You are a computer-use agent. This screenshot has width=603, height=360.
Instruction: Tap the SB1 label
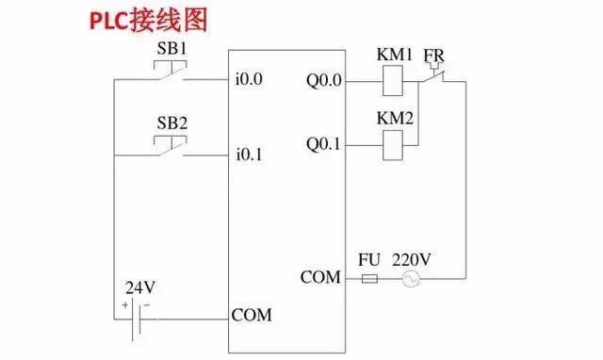click(x=170, y=48)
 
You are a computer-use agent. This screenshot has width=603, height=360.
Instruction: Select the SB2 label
click(x=170, y=123)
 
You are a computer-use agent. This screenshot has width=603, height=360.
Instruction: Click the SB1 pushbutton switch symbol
click(x=170, y=73)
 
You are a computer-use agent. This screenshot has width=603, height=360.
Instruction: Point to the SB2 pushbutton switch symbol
click(x=170, y=148)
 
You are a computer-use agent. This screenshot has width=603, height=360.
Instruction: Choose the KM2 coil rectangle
click(x=394, y=144)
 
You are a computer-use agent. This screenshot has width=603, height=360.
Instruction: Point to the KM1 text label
click(x=395, y=56)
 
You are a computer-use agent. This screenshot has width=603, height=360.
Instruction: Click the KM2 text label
click(x=395, y=119)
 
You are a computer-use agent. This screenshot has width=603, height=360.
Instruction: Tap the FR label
click(x=434, y=56)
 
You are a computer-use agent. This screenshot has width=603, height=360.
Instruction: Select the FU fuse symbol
click(x=369, y=279)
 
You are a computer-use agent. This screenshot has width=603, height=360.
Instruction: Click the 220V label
click(x=411, y=257)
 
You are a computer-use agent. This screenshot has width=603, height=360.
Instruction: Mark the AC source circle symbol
click(x=411, y=279)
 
